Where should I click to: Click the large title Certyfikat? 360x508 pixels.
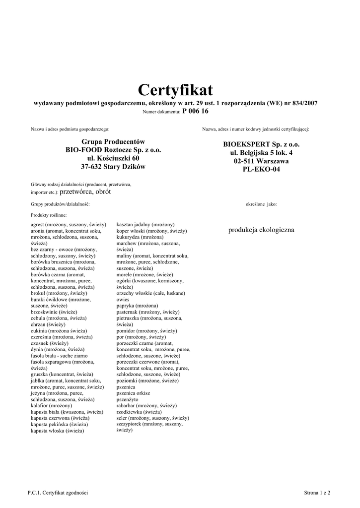(175, 90)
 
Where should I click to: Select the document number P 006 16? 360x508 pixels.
(196, 112)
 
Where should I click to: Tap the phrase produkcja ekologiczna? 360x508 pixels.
(261, 230)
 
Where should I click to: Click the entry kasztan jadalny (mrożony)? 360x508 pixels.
(145, 225)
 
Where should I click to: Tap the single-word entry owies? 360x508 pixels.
(123, 300)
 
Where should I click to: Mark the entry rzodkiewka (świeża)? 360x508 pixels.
(139, 412)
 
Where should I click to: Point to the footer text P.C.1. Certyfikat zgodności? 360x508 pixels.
(58, 493)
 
